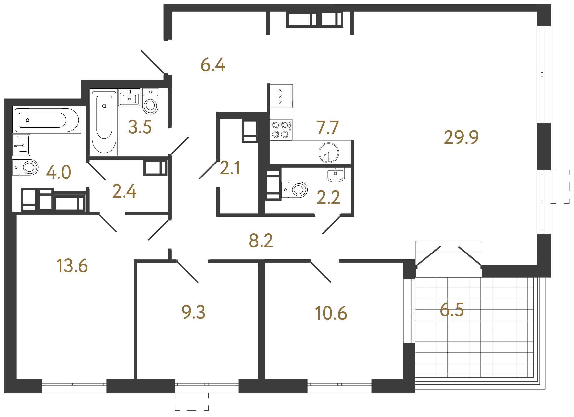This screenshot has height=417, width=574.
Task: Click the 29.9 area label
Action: [x=461, y=138]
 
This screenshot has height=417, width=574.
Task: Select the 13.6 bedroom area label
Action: [x=72, y=266]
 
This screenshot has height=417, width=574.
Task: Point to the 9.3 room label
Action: [x=193, y=312]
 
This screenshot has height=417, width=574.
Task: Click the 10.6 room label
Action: [x=331, y=314]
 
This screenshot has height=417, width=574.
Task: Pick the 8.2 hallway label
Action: [x=261, y=240]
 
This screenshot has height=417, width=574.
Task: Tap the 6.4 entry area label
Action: [x=212, y=65]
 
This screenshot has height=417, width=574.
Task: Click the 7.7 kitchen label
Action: [x=327, y=128]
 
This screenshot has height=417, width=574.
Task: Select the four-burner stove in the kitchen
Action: [x=281, y=130]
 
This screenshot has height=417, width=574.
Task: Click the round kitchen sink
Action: [x=328, y=153]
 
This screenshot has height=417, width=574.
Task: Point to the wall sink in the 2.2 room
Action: [x=335, y=175]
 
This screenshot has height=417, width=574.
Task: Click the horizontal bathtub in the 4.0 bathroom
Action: [x=47, y=120]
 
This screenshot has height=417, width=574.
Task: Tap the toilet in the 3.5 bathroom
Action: [x=150, y=102]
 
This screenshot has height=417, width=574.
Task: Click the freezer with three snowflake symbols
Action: [x=281, y=96]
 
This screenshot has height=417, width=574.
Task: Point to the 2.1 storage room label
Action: [x=230, y=168]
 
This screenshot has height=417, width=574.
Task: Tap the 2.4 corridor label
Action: [x=124, y=191]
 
